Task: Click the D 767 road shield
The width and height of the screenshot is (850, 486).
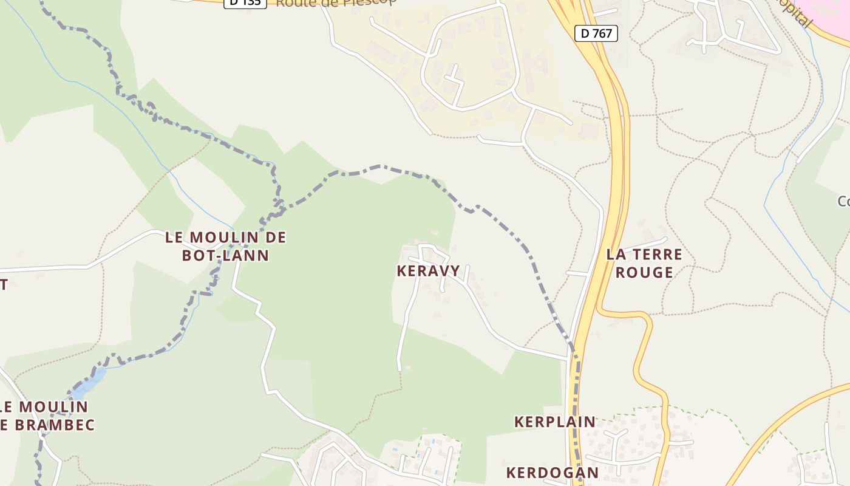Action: pyautogui.click(x=596, y=33)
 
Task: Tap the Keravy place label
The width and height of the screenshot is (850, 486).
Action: pyautogui.click(x=428, y=271)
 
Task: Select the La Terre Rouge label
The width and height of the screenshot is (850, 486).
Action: pyautogui.click(x=644, y=263)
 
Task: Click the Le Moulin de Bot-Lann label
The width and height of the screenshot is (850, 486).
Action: pyautogui.click(x=225, y=246)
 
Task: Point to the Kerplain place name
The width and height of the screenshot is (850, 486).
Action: pyautogui.click(x=555, y=422)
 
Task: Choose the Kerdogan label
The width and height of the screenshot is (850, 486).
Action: pyautogui.click(x=552, y=473)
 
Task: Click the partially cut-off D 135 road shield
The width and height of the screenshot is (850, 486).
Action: pyautogui.click(x=245, y=2)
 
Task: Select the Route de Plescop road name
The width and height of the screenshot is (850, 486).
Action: pyautogui.click(x=336, y=2)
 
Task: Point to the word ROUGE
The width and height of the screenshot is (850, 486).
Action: pyautogui.click(x=644, y=272)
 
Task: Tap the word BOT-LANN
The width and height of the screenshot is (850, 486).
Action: pyautogui.click(x=225, y=255)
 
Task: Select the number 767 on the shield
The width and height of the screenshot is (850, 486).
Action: pyautogui.click(x=602, y=33)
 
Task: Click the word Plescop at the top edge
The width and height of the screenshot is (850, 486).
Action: pyautogui.click(x=370, y=1)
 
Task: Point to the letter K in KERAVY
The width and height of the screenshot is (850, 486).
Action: pyautogui.click(x=401, y=271)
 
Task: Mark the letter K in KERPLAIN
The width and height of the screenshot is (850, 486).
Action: pyautogui.click(x=519, y=422)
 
